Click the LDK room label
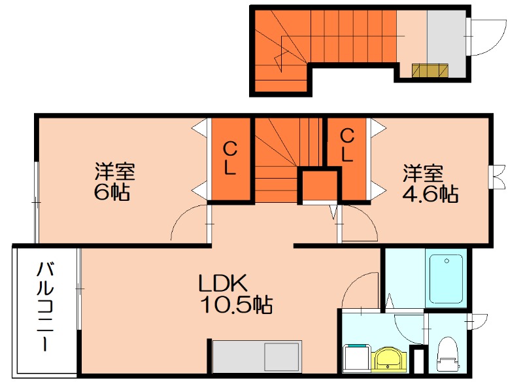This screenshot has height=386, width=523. [x=223, y=283]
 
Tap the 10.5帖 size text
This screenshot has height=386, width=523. [x=236, y=304]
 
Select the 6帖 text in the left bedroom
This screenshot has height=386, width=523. [x=112, y=192]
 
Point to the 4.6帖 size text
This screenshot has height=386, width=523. [x=430, y=194]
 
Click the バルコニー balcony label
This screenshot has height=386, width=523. [x=45, y=306]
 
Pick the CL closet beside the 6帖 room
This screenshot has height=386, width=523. [x=230, y=158]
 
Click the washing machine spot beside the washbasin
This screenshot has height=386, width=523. [x=357, y=359]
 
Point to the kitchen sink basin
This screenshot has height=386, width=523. [x=282, y=357]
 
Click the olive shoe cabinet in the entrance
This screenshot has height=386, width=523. [x=430, y=70]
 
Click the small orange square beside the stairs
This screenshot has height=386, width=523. [x=320, y=186]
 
